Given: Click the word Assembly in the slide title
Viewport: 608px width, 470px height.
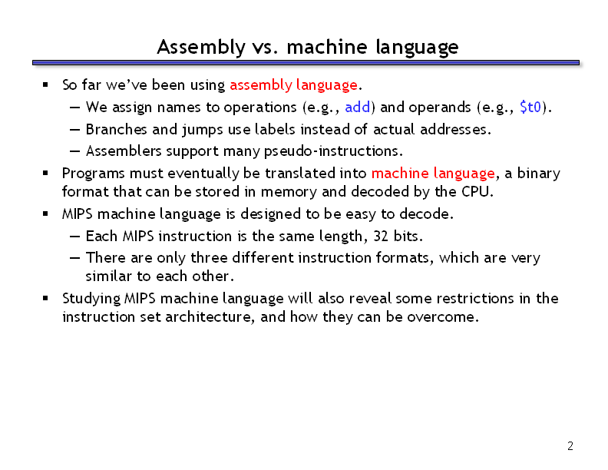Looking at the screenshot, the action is [x=201, y=48].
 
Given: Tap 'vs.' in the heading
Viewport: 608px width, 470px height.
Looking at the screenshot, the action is [x=265, y=48].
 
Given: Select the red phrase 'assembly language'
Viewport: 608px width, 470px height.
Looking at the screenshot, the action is [x=293, y=85].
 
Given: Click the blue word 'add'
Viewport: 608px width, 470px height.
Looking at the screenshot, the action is [x=358, y=107].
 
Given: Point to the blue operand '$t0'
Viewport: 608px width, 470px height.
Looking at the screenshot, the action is [x=530, y=107].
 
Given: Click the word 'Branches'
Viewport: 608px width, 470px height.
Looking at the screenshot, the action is [x=117, y=129].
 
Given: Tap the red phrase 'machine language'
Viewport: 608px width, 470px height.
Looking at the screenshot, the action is [x=433, y=174].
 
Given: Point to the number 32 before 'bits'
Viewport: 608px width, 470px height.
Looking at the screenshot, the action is [x=381, y=237].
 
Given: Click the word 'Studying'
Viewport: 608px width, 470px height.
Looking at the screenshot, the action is [x=91, y=299].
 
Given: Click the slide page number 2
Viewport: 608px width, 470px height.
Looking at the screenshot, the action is [x=570, y=446].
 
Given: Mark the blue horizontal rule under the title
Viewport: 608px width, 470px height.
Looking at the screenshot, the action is [x=306, y=62].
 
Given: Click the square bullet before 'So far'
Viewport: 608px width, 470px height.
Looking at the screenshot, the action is [x=45, y=84].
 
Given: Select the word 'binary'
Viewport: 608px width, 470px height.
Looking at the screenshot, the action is [x=539, y=174].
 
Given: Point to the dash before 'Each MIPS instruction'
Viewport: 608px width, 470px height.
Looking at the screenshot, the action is [x=74, y=237].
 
